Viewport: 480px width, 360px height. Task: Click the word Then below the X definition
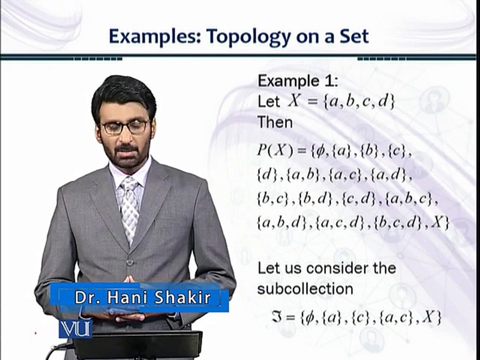275,121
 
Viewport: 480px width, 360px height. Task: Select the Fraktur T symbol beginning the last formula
278,317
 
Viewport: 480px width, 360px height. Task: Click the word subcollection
305,289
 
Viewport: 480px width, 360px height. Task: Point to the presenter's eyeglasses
124,127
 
